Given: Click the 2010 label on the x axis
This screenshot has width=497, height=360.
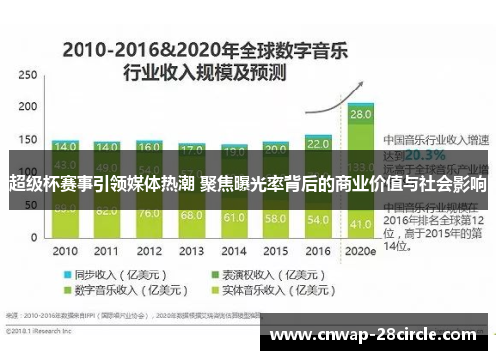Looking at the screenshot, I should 66,251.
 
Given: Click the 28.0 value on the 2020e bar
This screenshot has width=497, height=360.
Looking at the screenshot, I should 359,115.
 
